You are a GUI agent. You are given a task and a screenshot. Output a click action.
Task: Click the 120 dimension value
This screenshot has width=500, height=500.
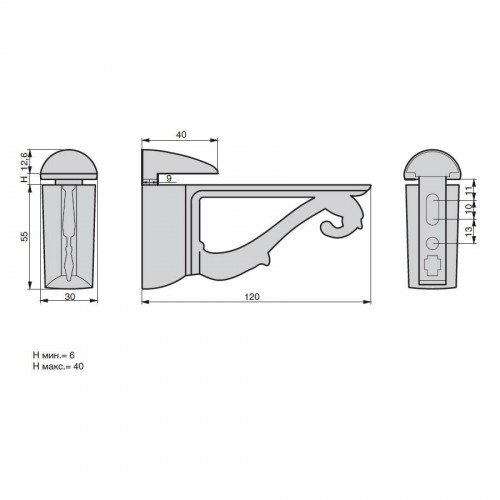coord(252,297)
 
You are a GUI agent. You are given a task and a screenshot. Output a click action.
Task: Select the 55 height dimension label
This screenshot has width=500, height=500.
coord(25,236)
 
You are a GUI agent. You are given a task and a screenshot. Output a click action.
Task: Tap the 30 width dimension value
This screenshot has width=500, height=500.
coord(70,296)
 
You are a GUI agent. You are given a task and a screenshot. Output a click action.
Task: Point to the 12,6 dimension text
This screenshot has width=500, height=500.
coord(24,162)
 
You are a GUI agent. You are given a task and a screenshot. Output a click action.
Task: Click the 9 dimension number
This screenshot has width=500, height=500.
coord(169,178)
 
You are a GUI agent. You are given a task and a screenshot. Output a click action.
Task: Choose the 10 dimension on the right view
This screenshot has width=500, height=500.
coord(469,209)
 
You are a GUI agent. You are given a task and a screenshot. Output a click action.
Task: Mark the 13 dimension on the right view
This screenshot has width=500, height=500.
coord(469,231)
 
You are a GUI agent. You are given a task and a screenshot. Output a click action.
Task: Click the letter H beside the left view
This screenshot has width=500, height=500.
coord(24,178)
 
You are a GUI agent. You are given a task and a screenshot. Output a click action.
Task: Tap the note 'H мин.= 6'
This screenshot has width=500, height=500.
coord(53,355)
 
